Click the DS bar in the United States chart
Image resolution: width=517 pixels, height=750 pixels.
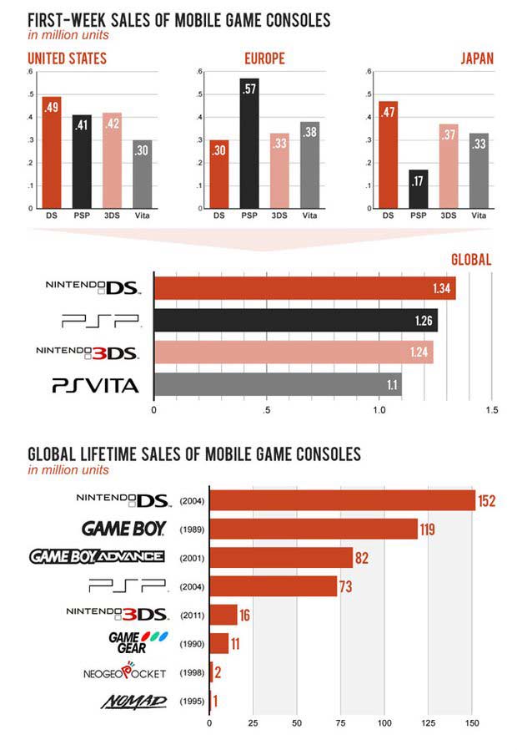pyautogui.click(x=51, y=153)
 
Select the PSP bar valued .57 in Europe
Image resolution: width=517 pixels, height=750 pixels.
pyautogui.click(x=248, y=143)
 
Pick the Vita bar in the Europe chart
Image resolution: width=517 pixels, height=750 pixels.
pyautogui.click(x=309, y=165)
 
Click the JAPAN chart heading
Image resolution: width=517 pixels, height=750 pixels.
pyautogui.click(x=476, y=58)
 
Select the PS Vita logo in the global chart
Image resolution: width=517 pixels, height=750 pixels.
pyautogui.click(x=95, y=385)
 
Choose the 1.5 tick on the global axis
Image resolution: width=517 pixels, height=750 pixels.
pyautogui.click(x=491, y=411)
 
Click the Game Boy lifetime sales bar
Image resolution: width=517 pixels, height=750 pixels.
pyautogui.click(x=314, y=529)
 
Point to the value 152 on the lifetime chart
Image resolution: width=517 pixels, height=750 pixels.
pyautogui.click(x=488, y=501)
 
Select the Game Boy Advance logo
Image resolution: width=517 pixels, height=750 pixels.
pyautogui.click(x=97, y=556)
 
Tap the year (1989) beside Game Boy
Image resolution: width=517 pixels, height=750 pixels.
pyautogui.click(x=193, y=529)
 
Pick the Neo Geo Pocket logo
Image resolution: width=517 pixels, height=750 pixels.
pyautogui.click(x=124, y=672)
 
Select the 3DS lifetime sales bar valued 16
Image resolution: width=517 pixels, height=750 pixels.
pyautogui.click(x=223, y=615)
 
